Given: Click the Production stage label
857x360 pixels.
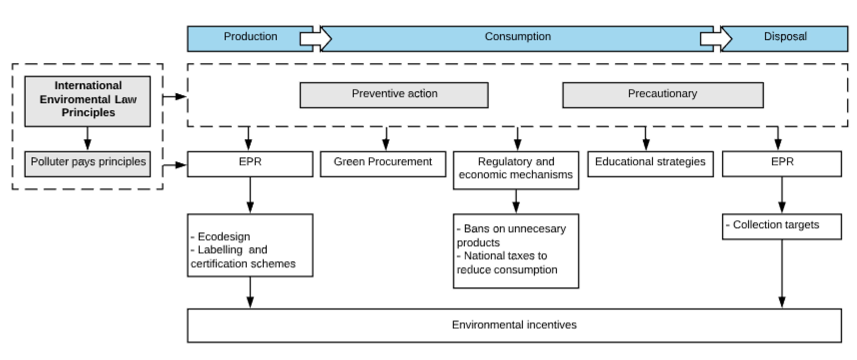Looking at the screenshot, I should pyautogui.click(x=250, y=37).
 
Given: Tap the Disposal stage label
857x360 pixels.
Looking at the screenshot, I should pyautogui.click(x=785, y=37).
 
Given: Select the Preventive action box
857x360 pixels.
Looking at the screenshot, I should pyautogui.click(x=394, y=95).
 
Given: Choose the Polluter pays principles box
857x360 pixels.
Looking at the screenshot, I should pyautogui.click(x=87, y=164).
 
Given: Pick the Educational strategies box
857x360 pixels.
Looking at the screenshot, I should pyautogui.click(x=650, y=164).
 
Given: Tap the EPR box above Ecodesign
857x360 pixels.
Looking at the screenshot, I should pyautogui.click(x=250, y=164).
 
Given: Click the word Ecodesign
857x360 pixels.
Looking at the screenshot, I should pyautogui.click(x=224, y=237).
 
